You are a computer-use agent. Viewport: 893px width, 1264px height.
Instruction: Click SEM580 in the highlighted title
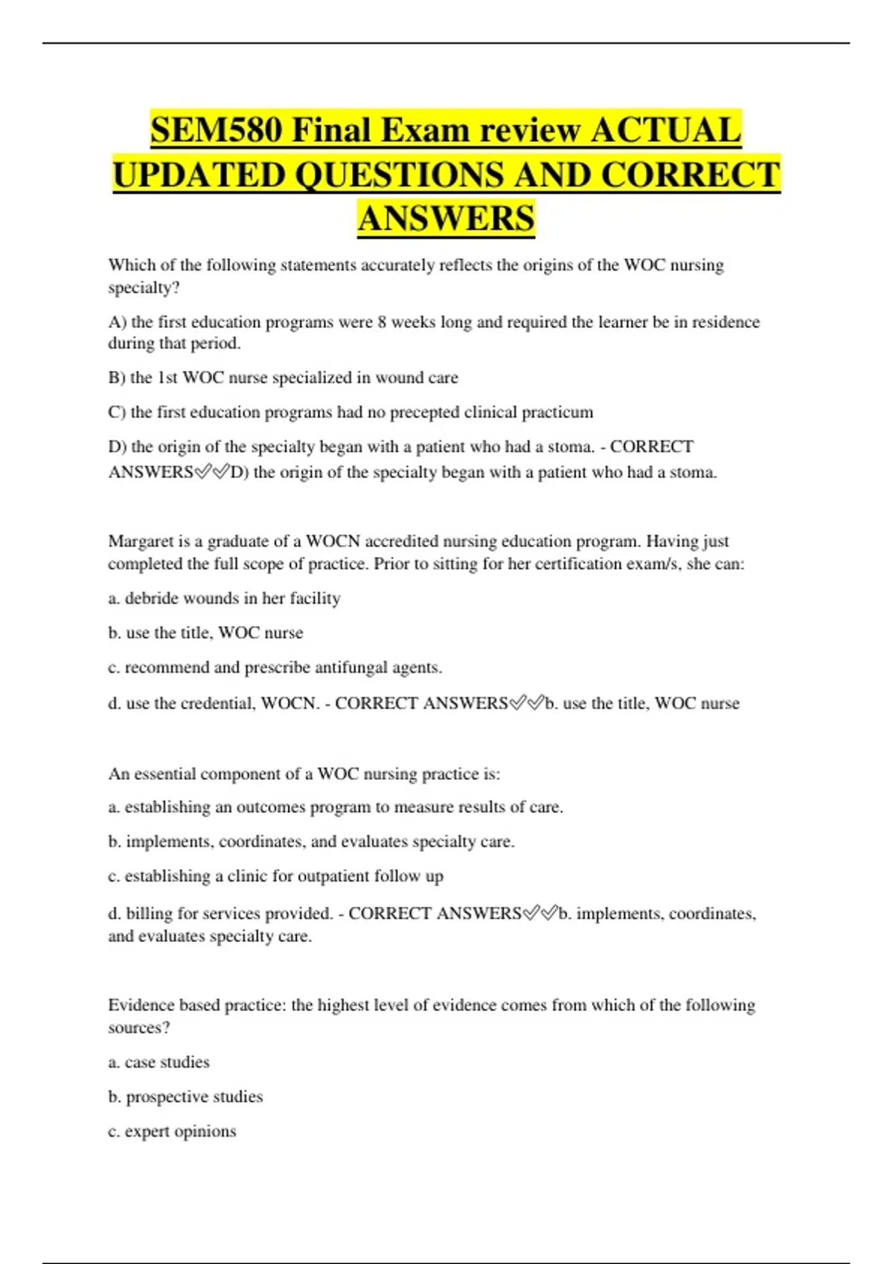coord(216,131)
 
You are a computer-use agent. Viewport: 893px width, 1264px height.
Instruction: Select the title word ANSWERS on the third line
coord(446,219)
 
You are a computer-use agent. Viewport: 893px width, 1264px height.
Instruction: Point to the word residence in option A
coord(726,322)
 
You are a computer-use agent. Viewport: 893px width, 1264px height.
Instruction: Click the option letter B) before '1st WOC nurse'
coord(117,378)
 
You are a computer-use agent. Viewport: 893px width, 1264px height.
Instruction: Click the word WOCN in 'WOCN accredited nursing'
coord(333,541)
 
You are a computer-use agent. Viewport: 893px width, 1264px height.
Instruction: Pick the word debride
coord(151,599)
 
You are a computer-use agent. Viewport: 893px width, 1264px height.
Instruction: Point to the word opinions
coord(205,1132)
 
